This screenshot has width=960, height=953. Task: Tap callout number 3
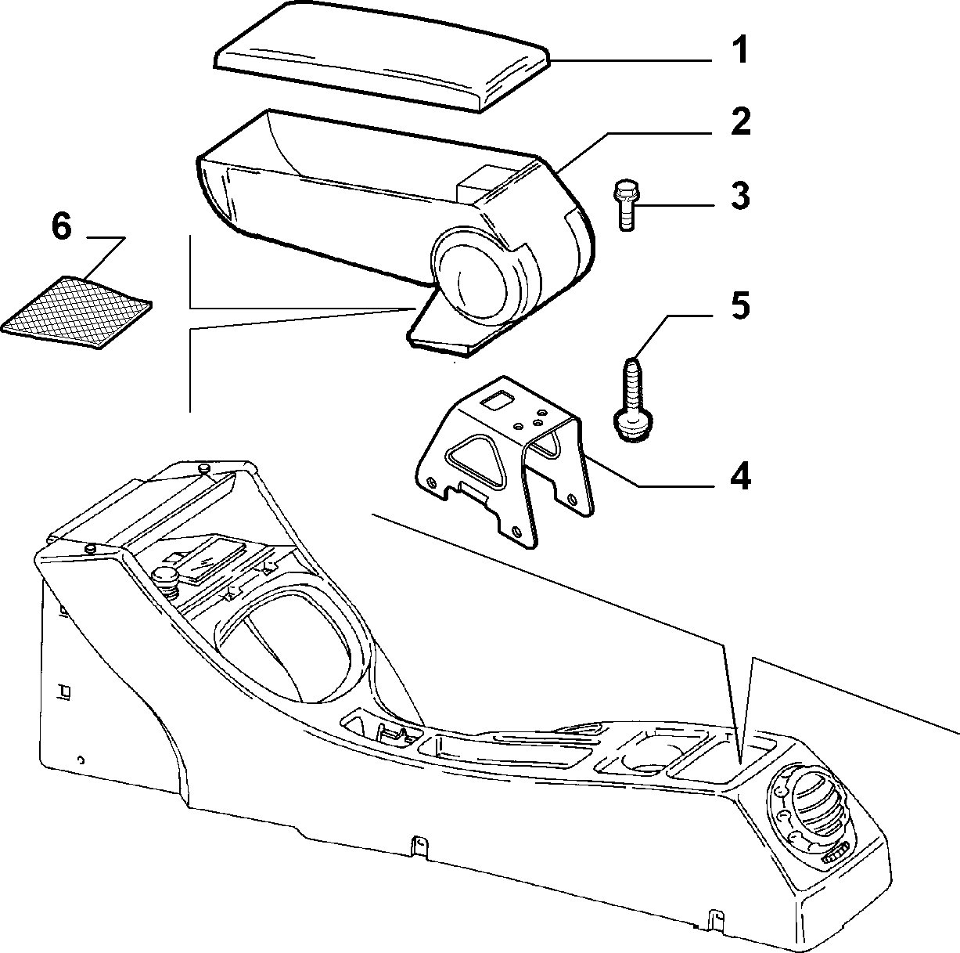point(740,196)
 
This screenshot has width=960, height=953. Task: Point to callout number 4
point(740,475)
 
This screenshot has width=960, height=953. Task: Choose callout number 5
point(740,305)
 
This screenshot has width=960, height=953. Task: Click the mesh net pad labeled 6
point(77,312)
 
